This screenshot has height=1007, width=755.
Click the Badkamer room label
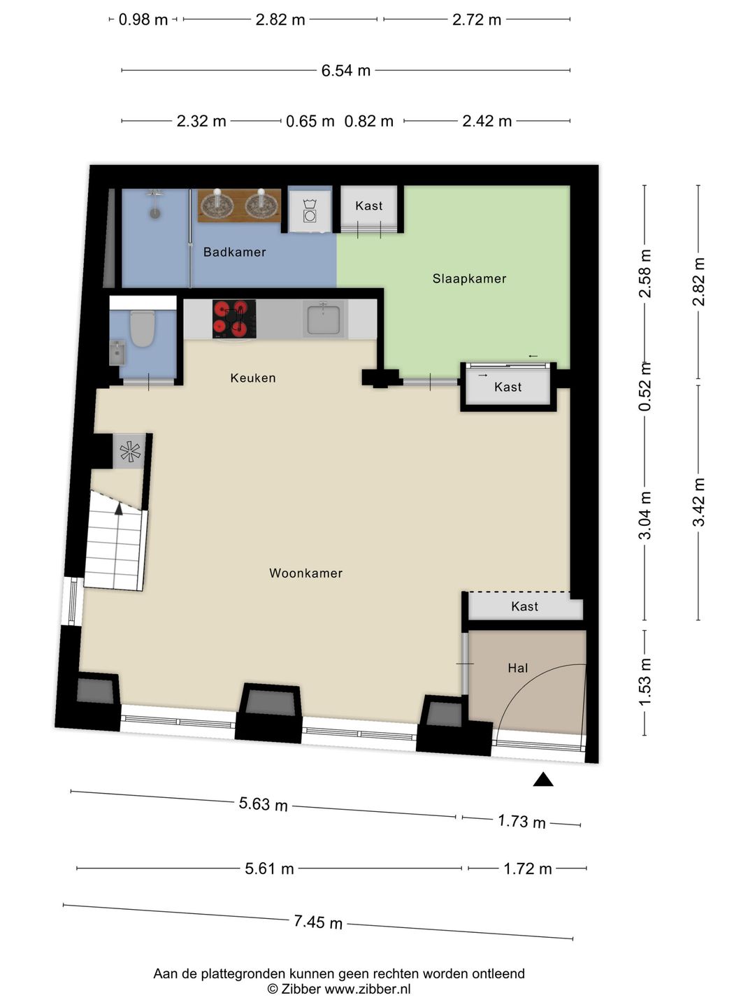pyautogui.click(x=234, y=252)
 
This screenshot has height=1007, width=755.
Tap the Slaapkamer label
pyautogui.click(x=469, y=278)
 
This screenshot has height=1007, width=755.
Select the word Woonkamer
pyautogui.click(x=305, y=573)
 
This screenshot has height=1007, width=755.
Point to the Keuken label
pyautogui.click(x=253, y=378)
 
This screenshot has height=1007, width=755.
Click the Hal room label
pyautogui.click(x=517, y=668)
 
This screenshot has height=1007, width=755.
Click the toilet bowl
pyautogui.click(x=142, y=329)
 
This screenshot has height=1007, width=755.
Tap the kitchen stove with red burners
pyautogui.click(x=234, y=320)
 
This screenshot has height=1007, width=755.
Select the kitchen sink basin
pyautogui.click(x=323, y=320)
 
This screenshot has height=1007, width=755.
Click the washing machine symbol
pyautogui.click(x=310, y=210)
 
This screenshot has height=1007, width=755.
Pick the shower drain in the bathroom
pyautogui.click(x=155, y=213)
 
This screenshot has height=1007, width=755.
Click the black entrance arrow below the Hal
pyautogui.click(x=542, y=779)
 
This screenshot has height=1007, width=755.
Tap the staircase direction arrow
pyautogui.click(x=119, y=508)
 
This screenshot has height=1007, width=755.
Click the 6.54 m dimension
pyautogui.click(x=345, y=71)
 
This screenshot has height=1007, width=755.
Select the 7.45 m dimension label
pyautogui.click(x=318, y=922)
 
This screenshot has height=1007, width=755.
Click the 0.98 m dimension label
pyautogui.click(x=143, y=20)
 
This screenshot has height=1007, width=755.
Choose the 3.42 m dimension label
pyautogui.click(x=698, y=502)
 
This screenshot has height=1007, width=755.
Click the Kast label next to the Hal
pyautogui.click(x=524, y=606)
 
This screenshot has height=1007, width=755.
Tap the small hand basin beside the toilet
pyautogui.click(x=117, y=352)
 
